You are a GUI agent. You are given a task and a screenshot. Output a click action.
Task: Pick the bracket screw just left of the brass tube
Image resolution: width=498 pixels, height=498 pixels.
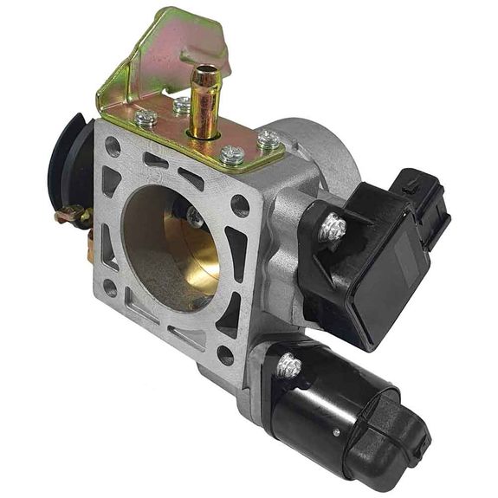pyautogui.click(x=181, y=106)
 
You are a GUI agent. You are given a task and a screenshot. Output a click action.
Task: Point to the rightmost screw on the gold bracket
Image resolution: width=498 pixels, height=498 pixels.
pyautogui.click(x=268, y=139)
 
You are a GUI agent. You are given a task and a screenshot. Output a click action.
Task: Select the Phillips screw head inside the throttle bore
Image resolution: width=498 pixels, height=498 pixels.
pyautogui.click(x=196, y=218)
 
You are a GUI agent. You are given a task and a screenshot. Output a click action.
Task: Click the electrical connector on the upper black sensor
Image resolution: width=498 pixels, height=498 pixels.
pyautogui.click(x=424, y=204)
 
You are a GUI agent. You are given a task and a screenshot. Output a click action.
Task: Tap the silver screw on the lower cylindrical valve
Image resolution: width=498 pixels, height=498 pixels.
pyautogui.click(x=288, y=366)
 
